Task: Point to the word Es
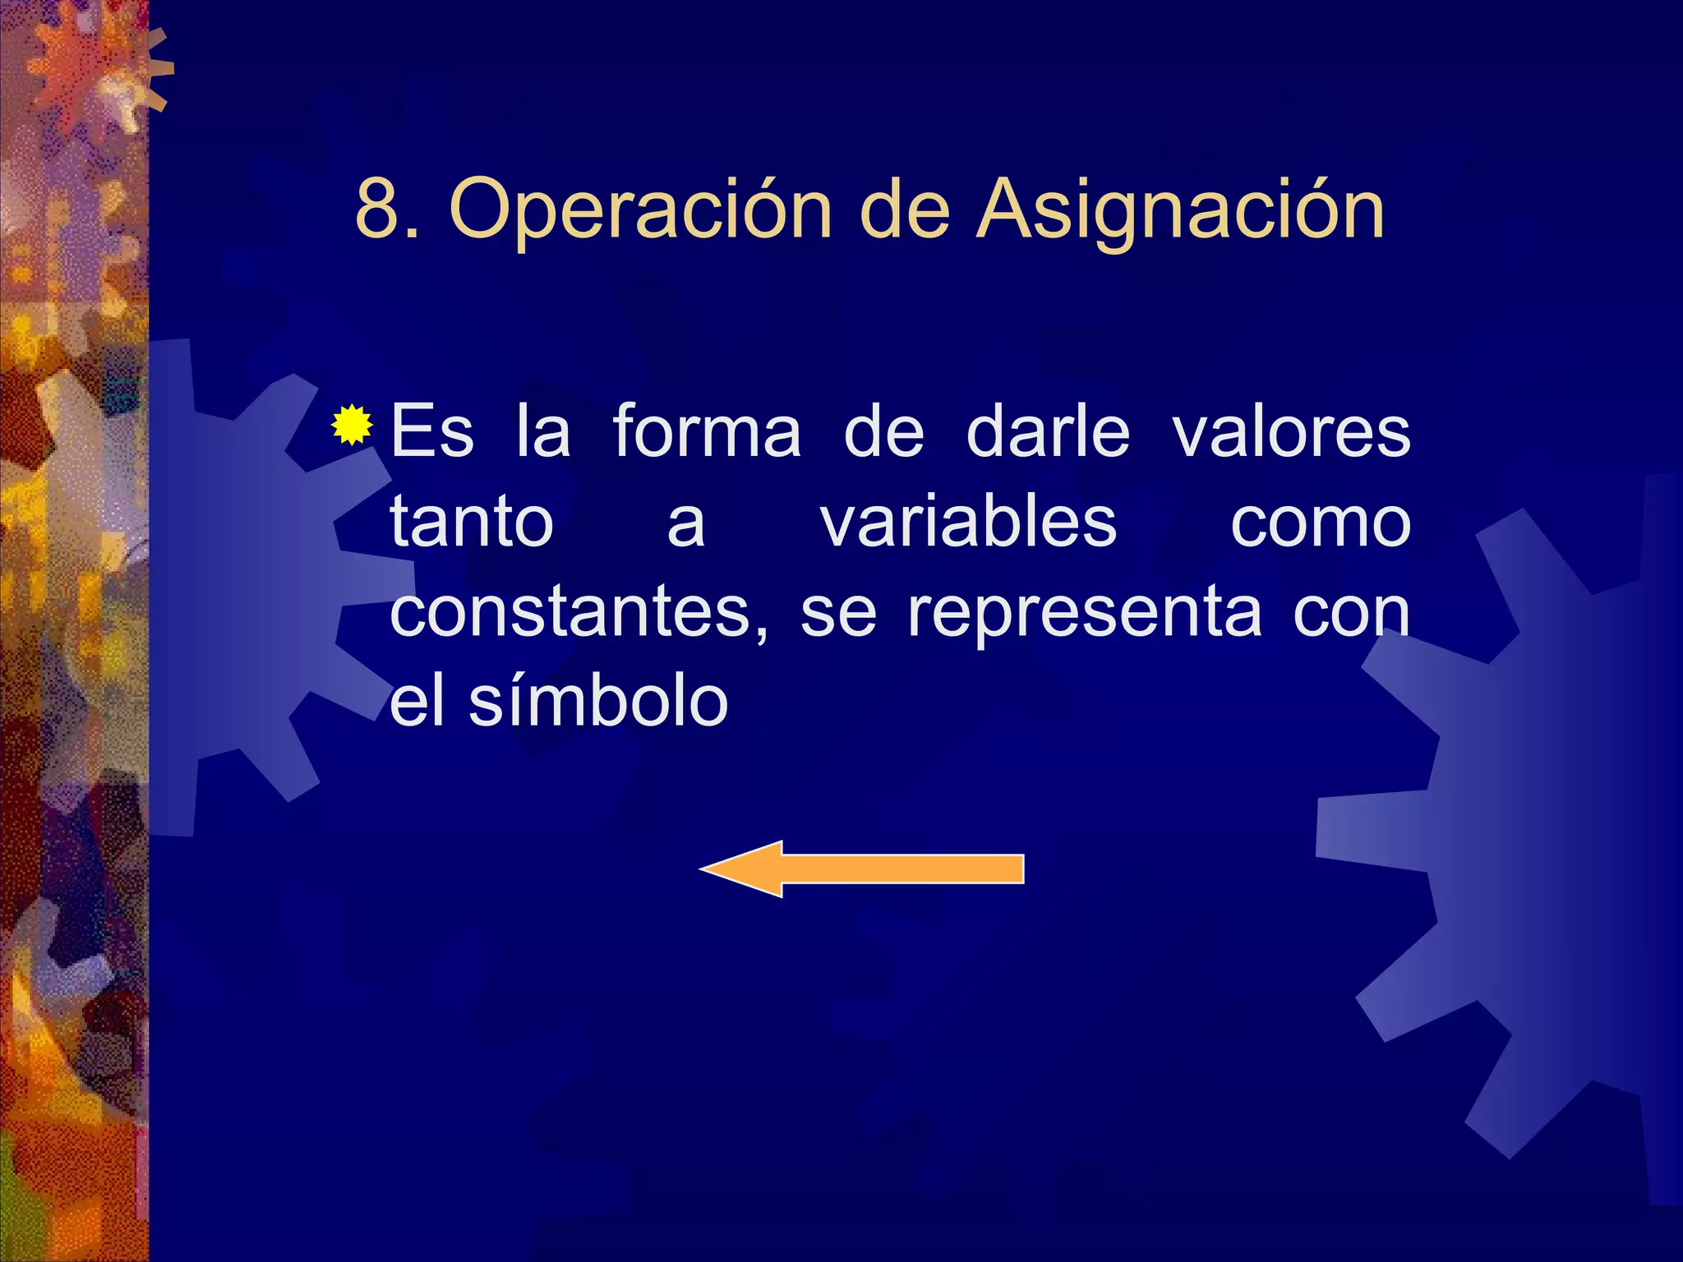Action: coord(432,432)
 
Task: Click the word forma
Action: coord(707,432)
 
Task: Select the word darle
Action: coord(1048,432)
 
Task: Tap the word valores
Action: coord(1292,432)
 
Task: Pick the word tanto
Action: coord(472,523)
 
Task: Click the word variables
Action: coord(969,523)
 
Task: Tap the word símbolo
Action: coord(598,703)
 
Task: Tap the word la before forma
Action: coord(543,432)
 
